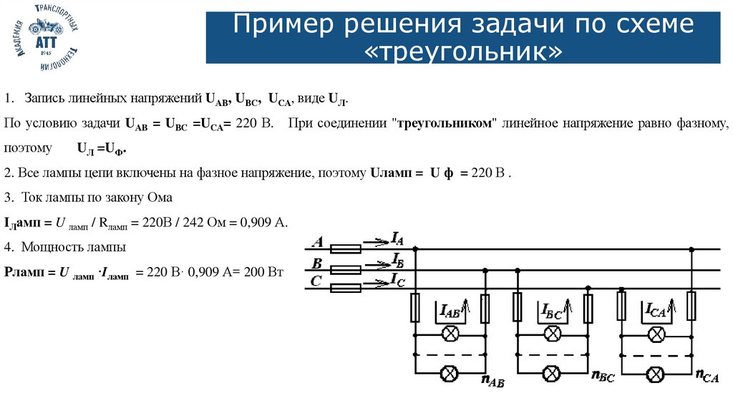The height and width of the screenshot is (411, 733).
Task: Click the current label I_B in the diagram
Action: (x=399, y=258)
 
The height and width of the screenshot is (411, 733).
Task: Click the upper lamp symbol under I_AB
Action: (x=451, y=333)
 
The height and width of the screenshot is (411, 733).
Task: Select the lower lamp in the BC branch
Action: (x=551, y=373)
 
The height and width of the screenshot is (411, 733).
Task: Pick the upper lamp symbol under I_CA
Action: (x=656, y=333)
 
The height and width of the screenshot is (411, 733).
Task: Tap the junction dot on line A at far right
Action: (x=691, y=249)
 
